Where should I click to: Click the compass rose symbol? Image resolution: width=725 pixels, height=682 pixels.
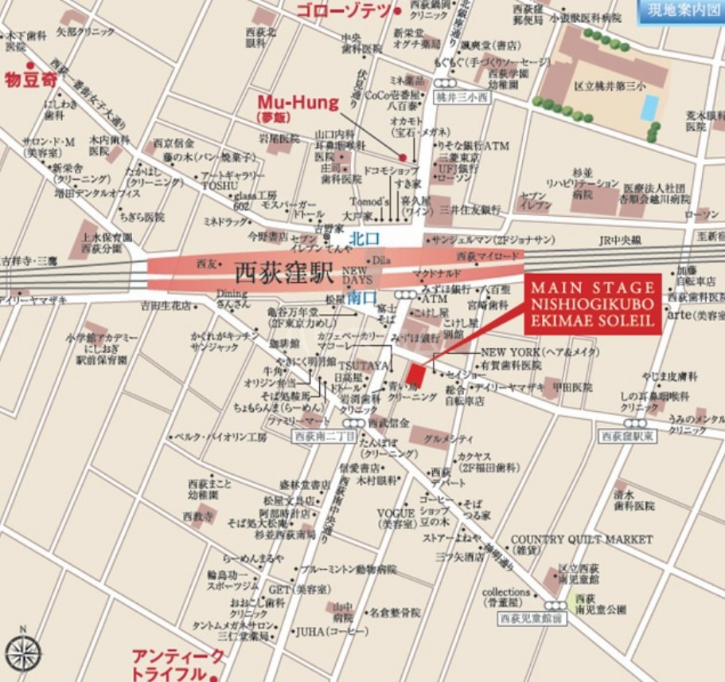pyautogui.click(x=23, y=652)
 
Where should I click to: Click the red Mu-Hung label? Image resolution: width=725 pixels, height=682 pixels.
pyautogui.click(x=298, y=103)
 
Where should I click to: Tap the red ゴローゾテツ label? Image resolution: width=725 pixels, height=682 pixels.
pyautogui.click(x=344, y=10)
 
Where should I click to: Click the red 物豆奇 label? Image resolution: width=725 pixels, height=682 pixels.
pyautogui.click(x=33, y=80)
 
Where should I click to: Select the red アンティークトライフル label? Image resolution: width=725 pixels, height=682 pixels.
pyautogui.click(x=178, y=664)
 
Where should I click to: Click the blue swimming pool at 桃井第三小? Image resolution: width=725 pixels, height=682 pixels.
pyautogui.click(x=650, y=107)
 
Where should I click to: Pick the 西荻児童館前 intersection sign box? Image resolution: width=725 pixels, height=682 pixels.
pyautogui.click(x=531, y=618)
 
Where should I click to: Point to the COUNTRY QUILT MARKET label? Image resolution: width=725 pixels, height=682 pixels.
pyautogui.click(x=581, y=539)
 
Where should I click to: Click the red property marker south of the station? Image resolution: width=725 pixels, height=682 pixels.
pyautogui.click(x=415, y=374)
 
